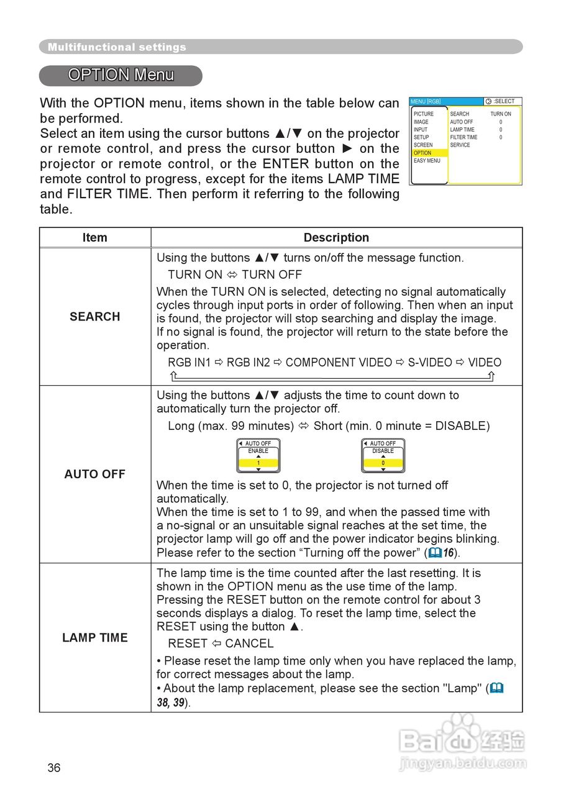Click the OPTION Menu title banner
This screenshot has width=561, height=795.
click(121, 75)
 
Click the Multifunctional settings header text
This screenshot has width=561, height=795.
click(117, 47)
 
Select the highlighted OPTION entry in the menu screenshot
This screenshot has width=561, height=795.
click(422, 153)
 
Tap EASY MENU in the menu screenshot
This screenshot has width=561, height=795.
click(427, 161)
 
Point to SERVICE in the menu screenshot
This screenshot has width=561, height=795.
click(460, 145)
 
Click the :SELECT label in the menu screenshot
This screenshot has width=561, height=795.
click(504, 101)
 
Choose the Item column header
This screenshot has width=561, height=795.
click(94, 238)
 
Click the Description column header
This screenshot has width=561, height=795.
click(336, 238)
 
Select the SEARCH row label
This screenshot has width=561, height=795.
click(94, 317)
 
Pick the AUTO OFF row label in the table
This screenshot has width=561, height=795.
click(94, 475)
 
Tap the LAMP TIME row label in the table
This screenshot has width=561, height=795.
click(94, 638)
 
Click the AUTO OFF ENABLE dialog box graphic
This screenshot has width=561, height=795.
click(258, 456)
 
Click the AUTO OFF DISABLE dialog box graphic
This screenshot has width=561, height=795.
click(383, 456)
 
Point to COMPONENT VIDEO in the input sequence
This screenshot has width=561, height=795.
click(339, 363)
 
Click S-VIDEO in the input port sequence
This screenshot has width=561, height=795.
click(430, 363)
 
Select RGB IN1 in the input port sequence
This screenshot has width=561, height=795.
click(189, 363)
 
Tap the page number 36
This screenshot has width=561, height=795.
click(54, 768)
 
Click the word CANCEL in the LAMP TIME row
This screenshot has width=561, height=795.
click(249, 644)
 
